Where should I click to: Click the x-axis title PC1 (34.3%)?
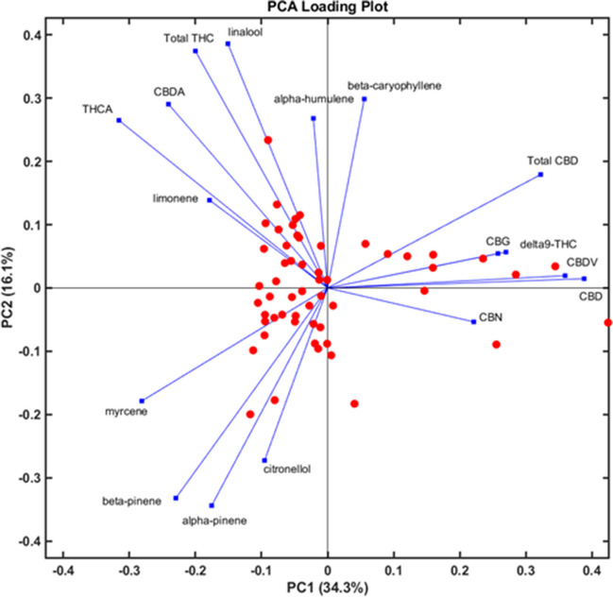click(326, 588)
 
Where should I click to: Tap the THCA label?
click(97, 110)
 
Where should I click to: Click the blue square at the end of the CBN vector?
click(473, 322)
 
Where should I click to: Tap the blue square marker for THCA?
click(119, 120)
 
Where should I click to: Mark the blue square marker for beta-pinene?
click(176, 498)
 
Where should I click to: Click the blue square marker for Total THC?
click(196, 51)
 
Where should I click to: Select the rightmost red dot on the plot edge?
click(607, 323)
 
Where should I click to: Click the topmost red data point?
click(268, 140)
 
